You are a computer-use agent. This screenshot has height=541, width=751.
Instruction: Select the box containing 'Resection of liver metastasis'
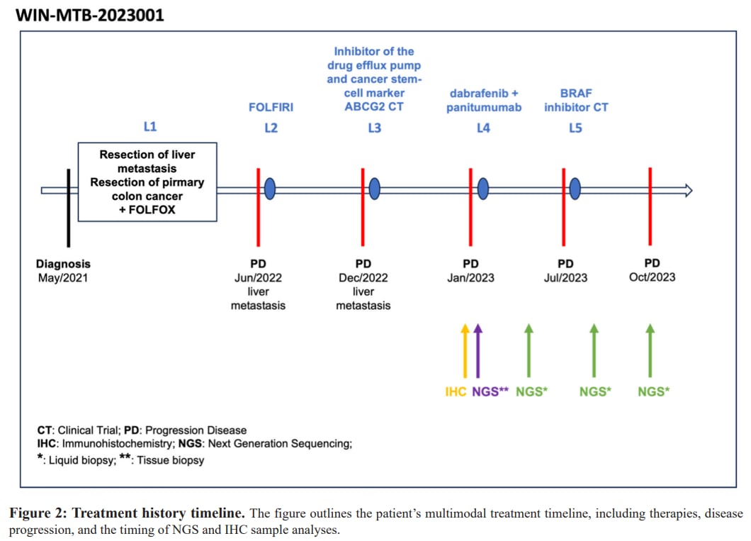(x=147, y=182)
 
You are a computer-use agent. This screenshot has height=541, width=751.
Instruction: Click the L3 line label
(x=373, y=128)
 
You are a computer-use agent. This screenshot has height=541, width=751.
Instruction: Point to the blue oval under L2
(x=270, y=189)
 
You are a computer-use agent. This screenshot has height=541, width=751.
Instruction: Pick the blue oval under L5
(x=575, y=189)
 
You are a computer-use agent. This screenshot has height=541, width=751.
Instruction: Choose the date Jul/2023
(x=565, y=277)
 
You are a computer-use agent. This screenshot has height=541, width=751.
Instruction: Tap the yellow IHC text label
(x=456, y=391)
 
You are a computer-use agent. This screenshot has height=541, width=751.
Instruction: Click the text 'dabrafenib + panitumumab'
(x=484, y=100)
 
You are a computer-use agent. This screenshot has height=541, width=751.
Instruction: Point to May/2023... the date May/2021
(x=63, y=277)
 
